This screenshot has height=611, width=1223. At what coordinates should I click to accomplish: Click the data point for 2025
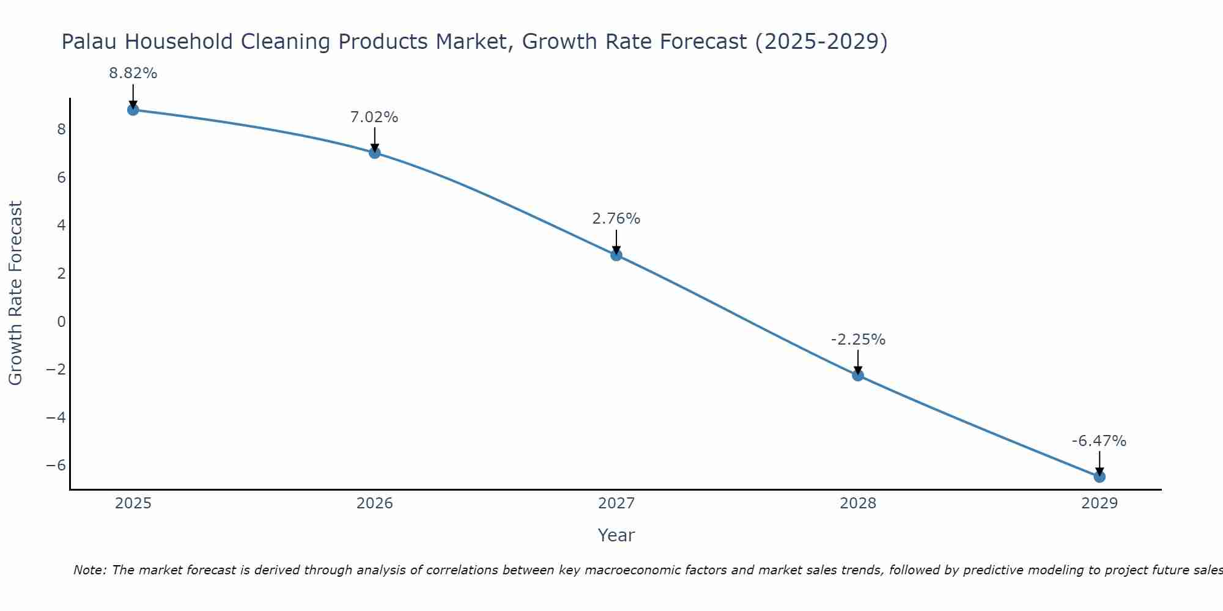133,110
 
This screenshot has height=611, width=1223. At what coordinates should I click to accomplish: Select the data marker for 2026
375,153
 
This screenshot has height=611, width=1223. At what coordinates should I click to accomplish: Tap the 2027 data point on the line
616,255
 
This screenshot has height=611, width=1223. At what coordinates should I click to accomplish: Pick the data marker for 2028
858,375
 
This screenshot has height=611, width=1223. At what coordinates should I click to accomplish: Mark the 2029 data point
1099,477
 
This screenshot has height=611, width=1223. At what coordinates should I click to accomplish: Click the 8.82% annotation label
133,73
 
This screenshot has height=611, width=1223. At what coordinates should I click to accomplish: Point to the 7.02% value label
374,117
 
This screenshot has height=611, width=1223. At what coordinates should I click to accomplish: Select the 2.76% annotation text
616,218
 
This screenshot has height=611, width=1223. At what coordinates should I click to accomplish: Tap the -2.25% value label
858,339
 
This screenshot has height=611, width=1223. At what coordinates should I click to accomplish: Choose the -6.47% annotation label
1099,441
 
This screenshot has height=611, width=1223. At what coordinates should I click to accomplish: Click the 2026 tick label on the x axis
375,503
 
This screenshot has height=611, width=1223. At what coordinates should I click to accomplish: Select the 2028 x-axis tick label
858,503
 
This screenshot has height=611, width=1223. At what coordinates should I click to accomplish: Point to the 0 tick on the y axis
61,321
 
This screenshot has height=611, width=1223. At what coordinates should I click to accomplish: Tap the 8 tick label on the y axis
61,130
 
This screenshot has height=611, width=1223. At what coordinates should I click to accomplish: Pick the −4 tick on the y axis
56,417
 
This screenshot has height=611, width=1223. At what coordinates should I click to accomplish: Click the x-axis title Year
616,535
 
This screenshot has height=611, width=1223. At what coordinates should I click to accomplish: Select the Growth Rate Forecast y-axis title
16,293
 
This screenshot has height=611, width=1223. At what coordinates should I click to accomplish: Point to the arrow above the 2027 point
616,242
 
